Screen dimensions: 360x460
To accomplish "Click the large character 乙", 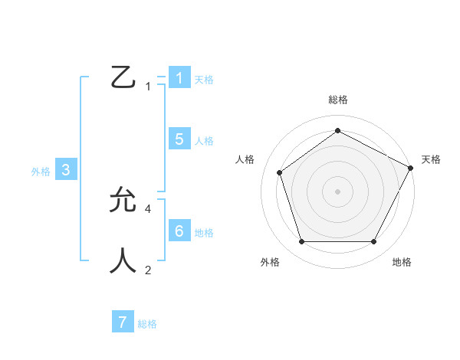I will pyautogui.click(x=124, y=77).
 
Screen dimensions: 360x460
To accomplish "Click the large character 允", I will pyautogui.click(x=124, y=200).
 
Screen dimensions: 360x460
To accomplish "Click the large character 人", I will pyautogui.click(x=124, y=260).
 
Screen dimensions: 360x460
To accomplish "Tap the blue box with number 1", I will pyautogui.click(x=179, y=78).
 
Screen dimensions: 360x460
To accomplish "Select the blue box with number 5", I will pyautogui.click(x=179, y=139).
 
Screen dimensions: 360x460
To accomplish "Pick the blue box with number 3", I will pyautogui.click(x=67, y=171).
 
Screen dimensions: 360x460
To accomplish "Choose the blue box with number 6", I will pyautogui.click(x=179, y=231).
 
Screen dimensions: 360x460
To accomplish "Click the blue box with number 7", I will pyautogui.click(x=123, y=322).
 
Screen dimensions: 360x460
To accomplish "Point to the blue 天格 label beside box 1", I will pyautogui.click(x=204, y=80).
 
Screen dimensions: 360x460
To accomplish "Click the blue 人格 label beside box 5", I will pyautogui.click(x=204, y=141).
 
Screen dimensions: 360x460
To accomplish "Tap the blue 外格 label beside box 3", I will pyautogui.click(x=41, y=172).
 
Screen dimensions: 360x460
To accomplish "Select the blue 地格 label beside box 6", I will pyautogui.click(x=204, y=233).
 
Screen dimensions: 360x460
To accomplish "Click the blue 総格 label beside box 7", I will pyautogui.click(x=147, y=324).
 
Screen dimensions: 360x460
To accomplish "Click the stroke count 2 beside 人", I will pyautogui.click(x=148, y=270).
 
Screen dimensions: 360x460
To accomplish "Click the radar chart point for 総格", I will pyautogui.click(x=337, y=130).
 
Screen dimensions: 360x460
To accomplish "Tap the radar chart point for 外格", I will pyautogui.click(x=301, y=242).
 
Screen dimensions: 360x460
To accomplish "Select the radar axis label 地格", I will pyautogui.click(x=402, y=263).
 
